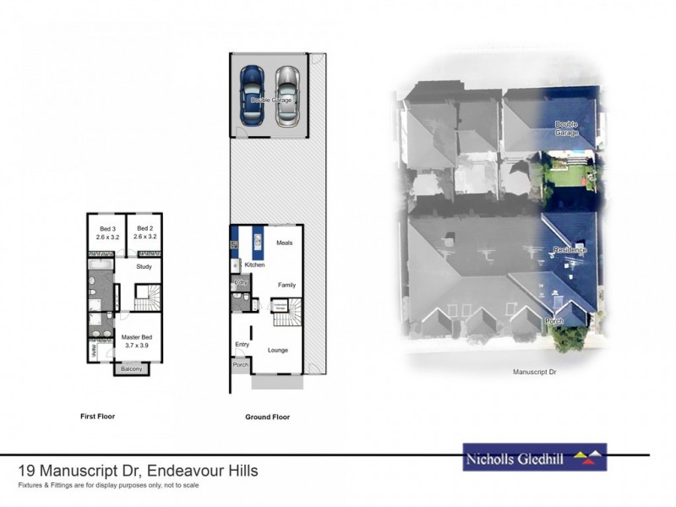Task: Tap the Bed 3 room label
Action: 107,232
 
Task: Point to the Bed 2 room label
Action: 144,232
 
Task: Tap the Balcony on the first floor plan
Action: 130,369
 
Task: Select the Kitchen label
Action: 254,265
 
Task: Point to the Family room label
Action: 286,285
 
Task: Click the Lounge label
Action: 278,349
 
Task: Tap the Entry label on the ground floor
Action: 241,345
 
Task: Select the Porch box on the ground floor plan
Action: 241,366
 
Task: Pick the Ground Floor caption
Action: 267,417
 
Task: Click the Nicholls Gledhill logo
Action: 534,457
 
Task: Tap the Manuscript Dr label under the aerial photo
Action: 538,371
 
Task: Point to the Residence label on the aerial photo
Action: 570,251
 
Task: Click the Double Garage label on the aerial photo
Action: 567,128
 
